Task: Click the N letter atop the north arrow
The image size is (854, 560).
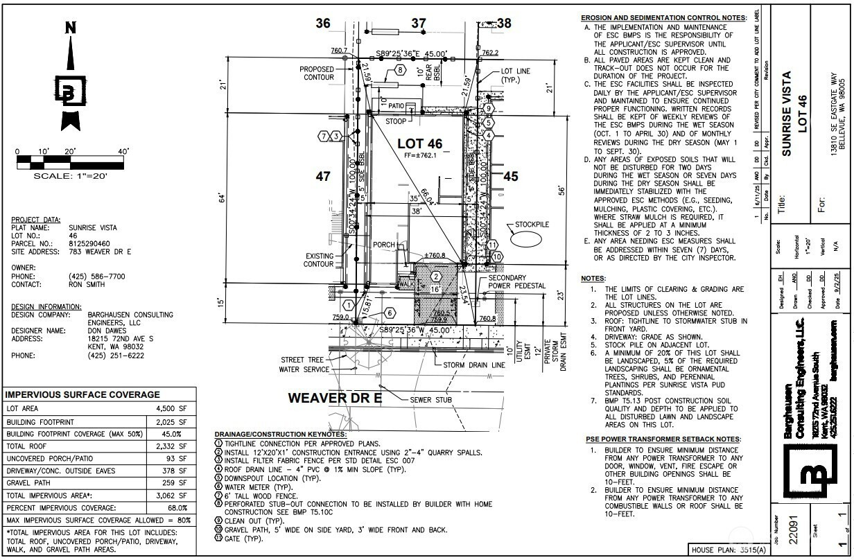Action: pos(70,28)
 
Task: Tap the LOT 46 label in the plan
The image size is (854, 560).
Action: pos(419,143)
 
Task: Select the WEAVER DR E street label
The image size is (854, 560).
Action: pos(335,398)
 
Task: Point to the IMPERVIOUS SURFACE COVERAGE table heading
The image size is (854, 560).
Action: pos(82,394)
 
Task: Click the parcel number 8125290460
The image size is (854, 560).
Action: pos(89,243)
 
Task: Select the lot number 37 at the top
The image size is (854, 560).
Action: pos(418,24)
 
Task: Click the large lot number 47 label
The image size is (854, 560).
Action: pos(323,177)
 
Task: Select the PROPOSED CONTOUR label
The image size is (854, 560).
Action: pos(317,73)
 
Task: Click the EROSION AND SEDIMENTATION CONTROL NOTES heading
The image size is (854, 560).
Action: pos(664,17)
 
